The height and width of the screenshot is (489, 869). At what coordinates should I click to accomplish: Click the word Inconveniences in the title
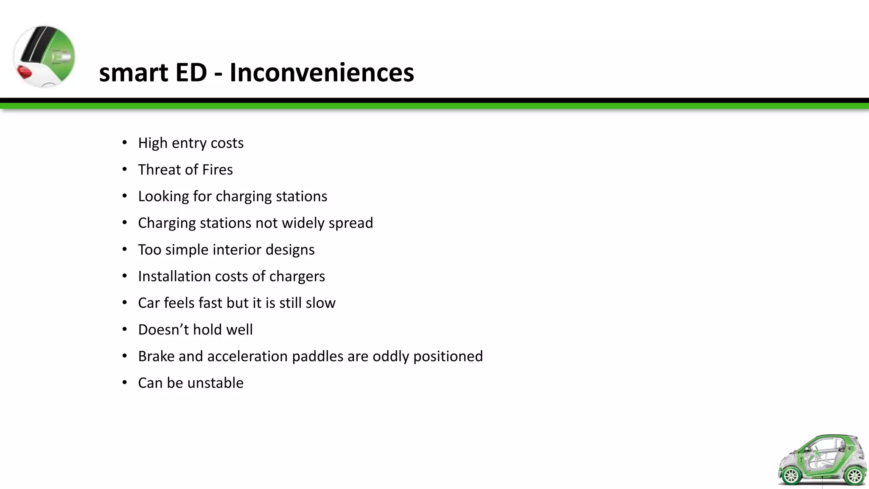[322, 72]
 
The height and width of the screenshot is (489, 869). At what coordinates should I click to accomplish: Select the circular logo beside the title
[44, 57]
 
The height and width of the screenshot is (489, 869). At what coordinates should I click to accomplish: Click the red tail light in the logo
[24, 73]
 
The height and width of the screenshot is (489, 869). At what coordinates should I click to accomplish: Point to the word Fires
[217, 170]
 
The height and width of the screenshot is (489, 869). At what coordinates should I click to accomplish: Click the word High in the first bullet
[153, 143]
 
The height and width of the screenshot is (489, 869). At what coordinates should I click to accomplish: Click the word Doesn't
[163, 330]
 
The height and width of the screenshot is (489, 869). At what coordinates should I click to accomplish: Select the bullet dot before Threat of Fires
[124, 170]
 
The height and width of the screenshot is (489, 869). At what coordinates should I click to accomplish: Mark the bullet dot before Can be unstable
[124, 383]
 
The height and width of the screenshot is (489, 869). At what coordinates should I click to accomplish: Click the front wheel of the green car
[791, 475]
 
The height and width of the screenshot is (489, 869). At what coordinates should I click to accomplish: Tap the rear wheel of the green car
[853, 475]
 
